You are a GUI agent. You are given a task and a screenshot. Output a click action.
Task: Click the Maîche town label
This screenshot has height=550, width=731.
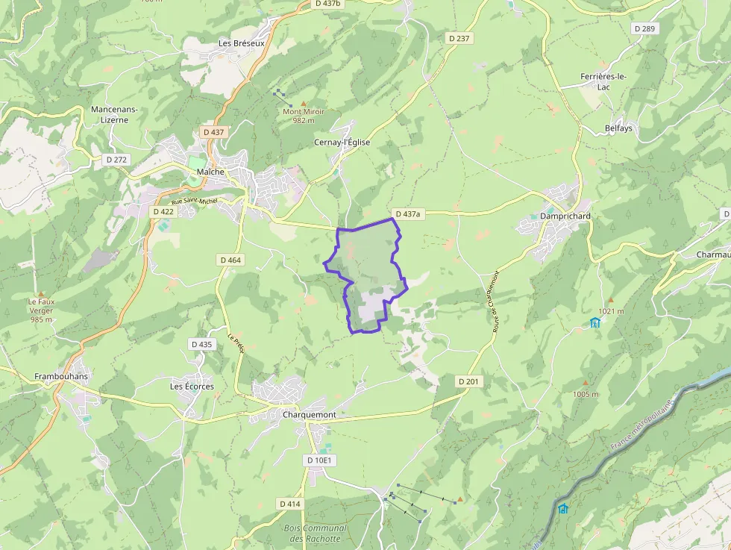(210, 172)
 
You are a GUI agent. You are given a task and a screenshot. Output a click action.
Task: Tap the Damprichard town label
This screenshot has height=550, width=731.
(565, 216)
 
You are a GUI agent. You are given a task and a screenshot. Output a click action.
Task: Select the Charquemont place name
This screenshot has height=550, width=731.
(309, 414)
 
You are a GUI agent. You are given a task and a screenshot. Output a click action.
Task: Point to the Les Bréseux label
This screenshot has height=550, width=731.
(242, 43)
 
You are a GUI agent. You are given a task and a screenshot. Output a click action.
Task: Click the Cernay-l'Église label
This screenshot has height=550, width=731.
(342, 142)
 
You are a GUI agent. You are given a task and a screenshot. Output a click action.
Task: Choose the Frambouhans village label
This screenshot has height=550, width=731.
(61, 376)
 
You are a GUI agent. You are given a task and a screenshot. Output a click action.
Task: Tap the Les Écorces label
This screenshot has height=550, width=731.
(192, 387)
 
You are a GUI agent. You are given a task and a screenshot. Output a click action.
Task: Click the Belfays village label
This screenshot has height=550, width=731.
(618, 128)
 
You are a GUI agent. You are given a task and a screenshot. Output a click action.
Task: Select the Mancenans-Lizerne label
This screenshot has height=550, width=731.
(114, 114)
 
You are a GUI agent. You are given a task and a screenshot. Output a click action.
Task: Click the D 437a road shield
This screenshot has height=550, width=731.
(408, 213)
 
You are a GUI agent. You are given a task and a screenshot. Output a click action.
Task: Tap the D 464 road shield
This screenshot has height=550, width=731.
(231, 260)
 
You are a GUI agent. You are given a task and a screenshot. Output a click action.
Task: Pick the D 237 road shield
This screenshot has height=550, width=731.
(460, 38)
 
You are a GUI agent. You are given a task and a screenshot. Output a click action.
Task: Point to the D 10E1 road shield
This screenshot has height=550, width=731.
(321, 460)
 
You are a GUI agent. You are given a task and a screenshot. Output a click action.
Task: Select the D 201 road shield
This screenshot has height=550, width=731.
(468, 381)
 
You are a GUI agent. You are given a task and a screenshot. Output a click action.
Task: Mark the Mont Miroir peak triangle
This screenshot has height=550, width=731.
(303, 104)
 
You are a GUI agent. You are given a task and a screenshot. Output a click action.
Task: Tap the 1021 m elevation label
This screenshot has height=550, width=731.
(610, 311)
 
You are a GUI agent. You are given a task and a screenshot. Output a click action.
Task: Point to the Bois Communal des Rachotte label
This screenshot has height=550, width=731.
(316, 533)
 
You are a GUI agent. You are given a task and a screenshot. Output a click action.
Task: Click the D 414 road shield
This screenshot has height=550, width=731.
(289, 504)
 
